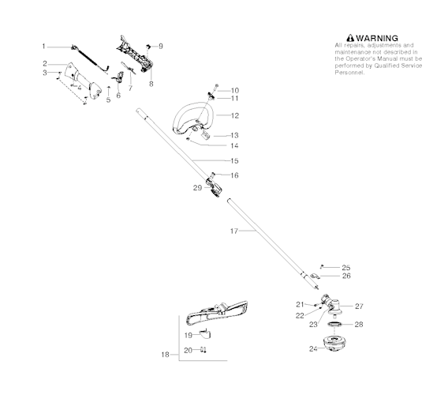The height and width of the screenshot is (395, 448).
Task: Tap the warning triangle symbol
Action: click(340, 38)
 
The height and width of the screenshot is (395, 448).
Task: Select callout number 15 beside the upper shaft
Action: click(233, 161)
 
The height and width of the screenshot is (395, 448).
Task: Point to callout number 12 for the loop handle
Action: click(234, 115)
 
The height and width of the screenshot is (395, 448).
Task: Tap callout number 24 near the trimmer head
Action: click(313, 349)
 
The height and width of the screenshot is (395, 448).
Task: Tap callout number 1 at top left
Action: click(44, 46)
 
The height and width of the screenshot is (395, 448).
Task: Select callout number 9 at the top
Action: click(160, 46)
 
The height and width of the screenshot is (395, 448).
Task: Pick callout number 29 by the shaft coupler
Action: click(197, 187)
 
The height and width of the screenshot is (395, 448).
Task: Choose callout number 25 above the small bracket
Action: click(345, 267)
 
